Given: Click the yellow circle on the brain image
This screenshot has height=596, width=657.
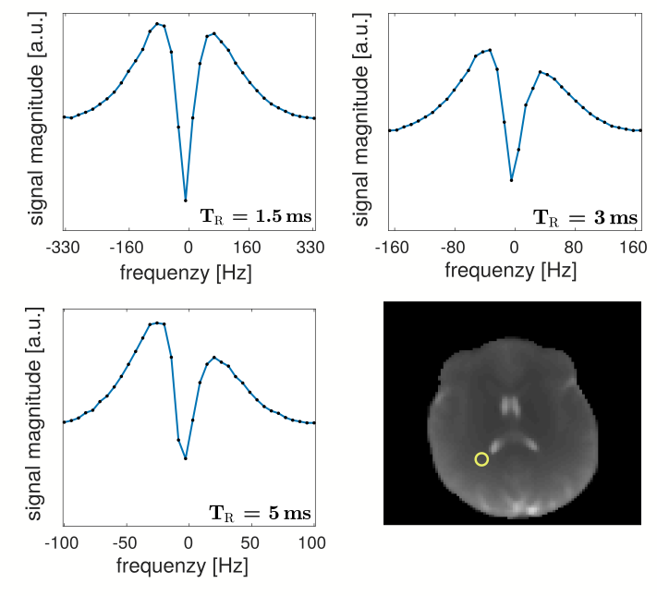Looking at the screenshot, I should pos(481,459).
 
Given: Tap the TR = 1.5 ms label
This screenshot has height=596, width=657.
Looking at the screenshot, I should pos(256,217).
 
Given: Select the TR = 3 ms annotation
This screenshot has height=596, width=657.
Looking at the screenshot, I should pos(585,218).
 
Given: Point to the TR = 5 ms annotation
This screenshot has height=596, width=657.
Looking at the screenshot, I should pos(258,513).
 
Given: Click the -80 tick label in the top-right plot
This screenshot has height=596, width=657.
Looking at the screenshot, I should pos(452,248).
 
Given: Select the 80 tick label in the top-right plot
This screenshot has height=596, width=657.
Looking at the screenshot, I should pos(575,248).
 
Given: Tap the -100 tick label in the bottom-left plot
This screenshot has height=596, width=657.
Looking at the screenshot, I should pos(62,543).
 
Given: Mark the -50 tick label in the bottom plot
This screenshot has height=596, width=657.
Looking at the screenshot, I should pos(124,543).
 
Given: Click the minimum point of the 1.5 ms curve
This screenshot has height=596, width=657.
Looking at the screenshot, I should pos(186,201).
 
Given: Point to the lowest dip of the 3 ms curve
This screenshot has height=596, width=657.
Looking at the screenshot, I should pos(512,180).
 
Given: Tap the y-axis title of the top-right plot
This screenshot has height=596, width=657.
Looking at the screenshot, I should pos(363,119).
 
